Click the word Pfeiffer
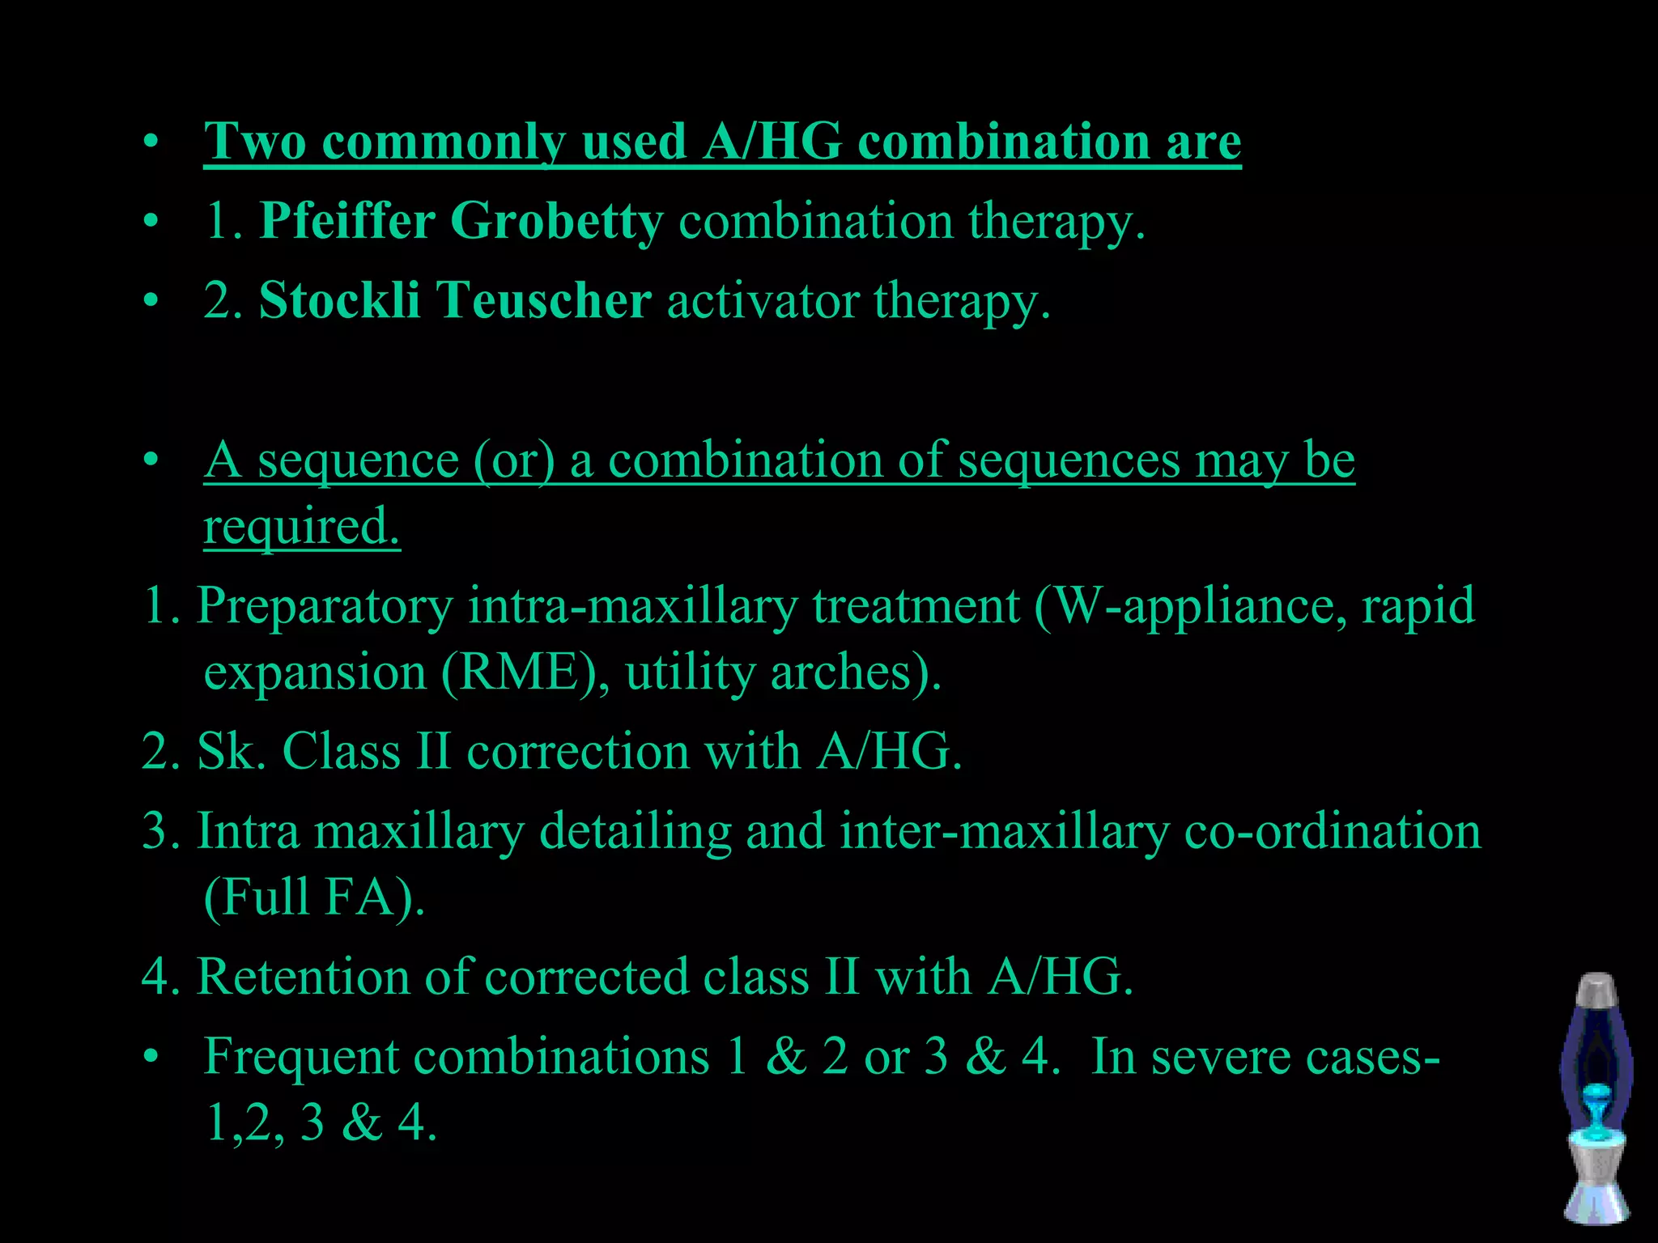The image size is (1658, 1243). (x=346, y=221)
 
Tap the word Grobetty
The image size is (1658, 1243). (x=556, y=221)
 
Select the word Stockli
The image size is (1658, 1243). (x=339, y=300)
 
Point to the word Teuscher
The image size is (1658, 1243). (x=544, y=300)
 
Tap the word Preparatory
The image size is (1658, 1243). (x=325, y=606)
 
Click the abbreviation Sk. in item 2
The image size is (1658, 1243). (x=232, y=751)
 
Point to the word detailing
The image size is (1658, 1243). (x=636, y=831)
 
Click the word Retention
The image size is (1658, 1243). (x=304, y=977)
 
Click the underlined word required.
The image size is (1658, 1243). (x=301, y=527)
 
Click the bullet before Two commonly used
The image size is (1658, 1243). (x=150, y=143)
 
